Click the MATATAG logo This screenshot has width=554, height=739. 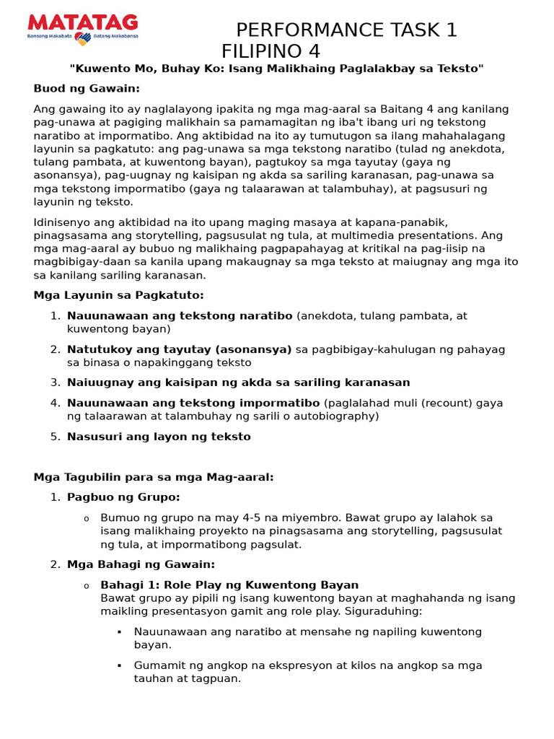82,29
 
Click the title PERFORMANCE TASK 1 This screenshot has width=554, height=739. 346,30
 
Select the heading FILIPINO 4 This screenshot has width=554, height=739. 271,52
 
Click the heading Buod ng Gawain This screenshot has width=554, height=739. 87,89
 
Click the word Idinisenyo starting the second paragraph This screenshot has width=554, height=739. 63,222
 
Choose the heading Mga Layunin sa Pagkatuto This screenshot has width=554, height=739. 119,295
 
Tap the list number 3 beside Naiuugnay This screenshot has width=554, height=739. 55,382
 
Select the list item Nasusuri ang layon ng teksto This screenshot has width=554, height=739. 159,437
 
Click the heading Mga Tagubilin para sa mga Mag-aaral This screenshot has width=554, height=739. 154,477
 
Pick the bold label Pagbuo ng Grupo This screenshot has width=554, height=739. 123,497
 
